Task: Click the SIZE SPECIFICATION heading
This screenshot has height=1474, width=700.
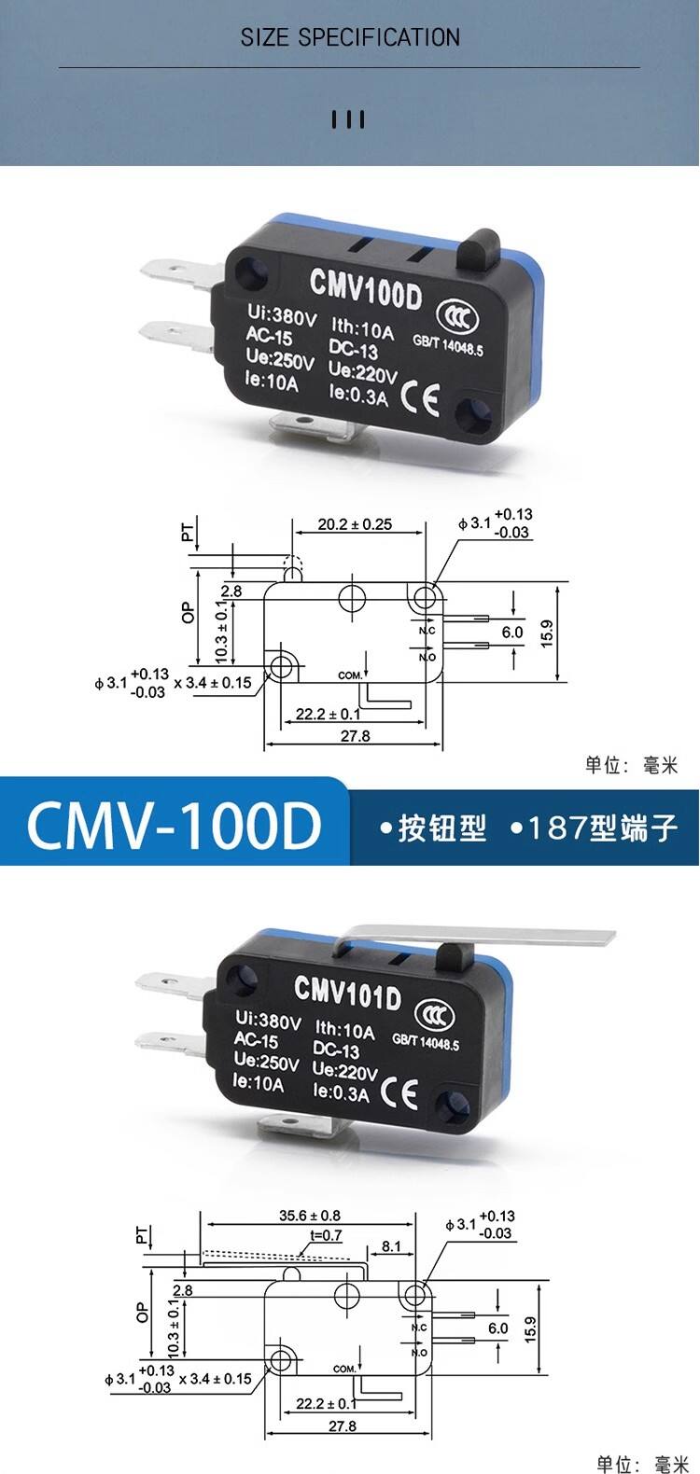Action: pos(350,37)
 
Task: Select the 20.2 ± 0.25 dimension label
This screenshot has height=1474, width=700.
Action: pos(355,525)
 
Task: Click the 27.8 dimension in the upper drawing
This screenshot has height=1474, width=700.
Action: pos(355,736)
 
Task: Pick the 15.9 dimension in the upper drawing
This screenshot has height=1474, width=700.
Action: pos(547,633)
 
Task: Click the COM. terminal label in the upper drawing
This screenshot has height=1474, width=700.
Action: pos(350,674)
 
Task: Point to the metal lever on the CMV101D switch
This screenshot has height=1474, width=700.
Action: pos(523,938)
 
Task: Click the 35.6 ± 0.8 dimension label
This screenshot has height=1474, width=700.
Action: pos(310,1216)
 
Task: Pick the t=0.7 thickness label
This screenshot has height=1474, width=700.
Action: pos(326,1235)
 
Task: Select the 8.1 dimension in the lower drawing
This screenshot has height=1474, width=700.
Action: pos(391,1246)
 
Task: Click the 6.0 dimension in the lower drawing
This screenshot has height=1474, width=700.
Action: pos(497,1328)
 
